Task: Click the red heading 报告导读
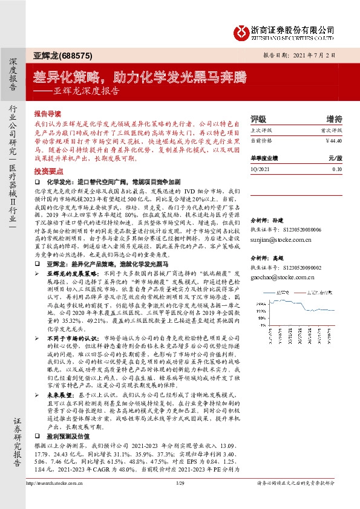(x=48, y=113)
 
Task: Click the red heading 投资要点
(x=48, y=171)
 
